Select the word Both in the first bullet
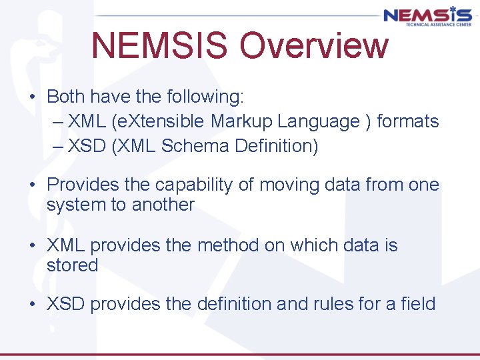66,97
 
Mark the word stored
72,265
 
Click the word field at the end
417,304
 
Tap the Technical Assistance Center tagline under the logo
427,24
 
